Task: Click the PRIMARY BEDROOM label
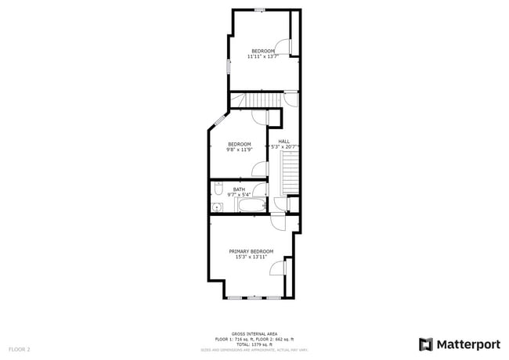pyautogui.click(x=251, y=251)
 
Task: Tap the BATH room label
pyautogui.click(x=239, y=189)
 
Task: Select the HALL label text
pyautogui.click(x=283, y=141)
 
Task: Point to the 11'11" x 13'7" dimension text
pyautogui.click(x=262, y=56)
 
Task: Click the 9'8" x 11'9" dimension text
pyautogui.click(x=239, y=149)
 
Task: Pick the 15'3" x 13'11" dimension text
pyautogui.click(x=251, y=257)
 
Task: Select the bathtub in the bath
pyautogui.click(x=252, y=207)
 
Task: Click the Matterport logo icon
pyautogui.click(x=426, y=344)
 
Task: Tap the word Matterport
pyautogui.click(x=467, y=344)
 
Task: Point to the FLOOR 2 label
pyautogui.click(x=19, y=348)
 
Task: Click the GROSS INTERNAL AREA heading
pyautogui.click(x=254, y=333)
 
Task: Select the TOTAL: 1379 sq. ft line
pyautogui.click(x=254, y=344)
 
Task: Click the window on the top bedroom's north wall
pyautogui.click(x=259, y=9)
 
